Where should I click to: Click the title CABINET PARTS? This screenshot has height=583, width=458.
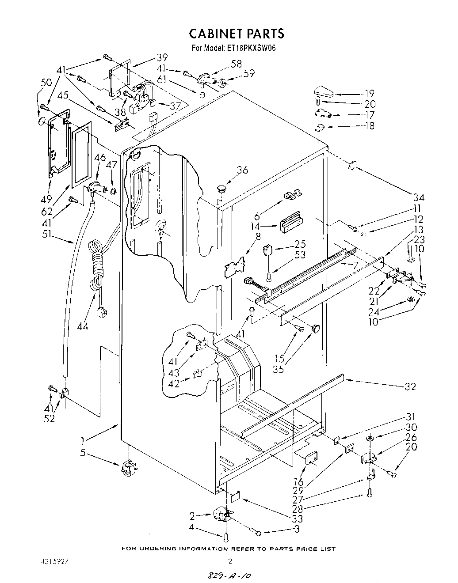coord(237,34)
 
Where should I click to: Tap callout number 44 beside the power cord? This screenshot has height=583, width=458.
coord(82,326)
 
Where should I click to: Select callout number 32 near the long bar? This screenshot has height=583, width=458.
coord(410,386)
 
